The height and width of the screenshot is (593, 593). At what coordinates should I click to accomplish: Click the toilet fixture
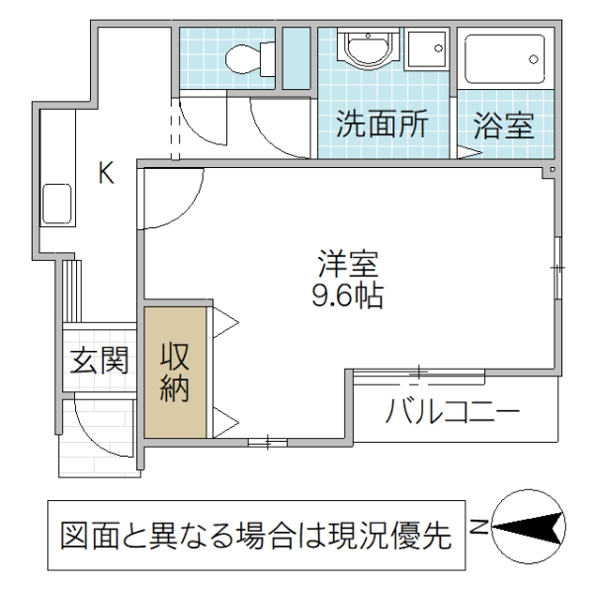click(240, 59)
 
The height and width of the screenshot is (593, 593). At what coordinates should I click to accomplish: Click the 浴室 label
click(503, 126)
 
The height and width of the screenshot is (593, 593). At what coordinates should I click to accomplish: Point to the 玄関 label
click(99, 361)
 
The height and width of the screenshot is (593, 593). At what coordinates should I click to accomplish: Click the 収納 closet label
click(175, 372)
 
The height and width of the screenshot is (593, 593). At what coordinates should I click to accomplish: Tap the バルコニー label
click(453, 409)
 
